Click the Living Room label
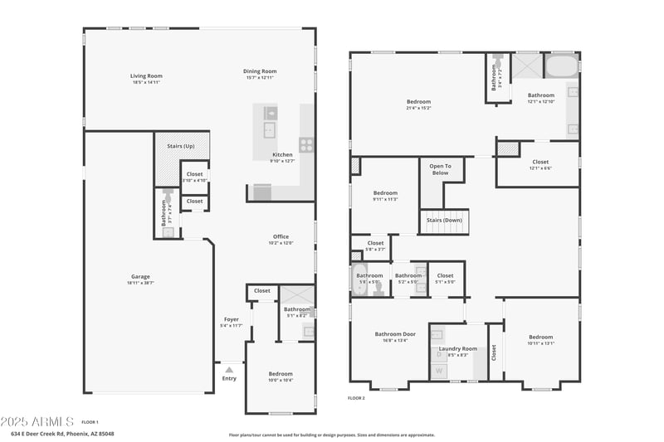(145, 75)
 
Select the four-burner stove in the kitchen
(306, 145)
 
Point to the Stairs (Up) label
(180, 146)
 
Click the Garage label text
(140, 277)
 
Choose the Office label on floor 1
(281, 237)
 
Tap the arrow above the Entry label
(229, 369)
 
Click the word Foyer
(232, 319)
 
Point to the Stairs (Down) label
(444, 220)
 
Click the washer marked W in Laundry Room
(439, 371)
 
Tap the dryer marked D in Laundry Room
(439, 354)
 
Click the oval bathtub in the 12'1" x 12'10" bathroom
(562, 66)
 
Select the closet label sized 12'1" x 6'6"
(540, 163)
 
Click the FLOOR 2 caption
(356, 398)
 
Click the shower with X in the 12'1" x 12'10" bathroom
(526, 66)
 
